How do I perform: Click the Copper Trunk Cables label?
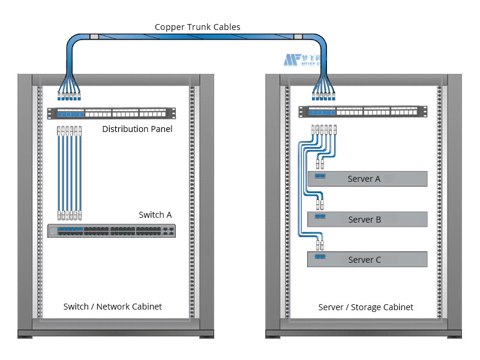pyautogui.click(x=197, y=27)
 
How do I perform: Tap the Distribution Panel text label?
pyautogui.click(x=137, y=129)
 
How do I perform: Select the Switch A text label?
pyautogui.click(x=155, y=215)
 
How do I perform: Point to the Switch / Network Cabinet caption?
pyautogui.click(x=113, y=307)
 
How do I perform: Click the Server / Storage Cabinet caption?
pyautogui.click(x=365, y=307)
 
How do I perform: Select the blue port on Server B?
pyautogui.click(x=320, y=217)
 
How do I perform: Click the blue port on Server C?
pyautogui.click(x=320, y=257)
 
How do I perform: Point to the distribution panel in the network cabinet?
pyautogui.click(x=112, y=113)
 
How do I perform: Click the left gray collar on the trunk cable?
pyautogui.click(x=94, y=37)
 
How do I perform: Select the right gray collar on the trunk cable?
pyautogui.click(x=298, y=37)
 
